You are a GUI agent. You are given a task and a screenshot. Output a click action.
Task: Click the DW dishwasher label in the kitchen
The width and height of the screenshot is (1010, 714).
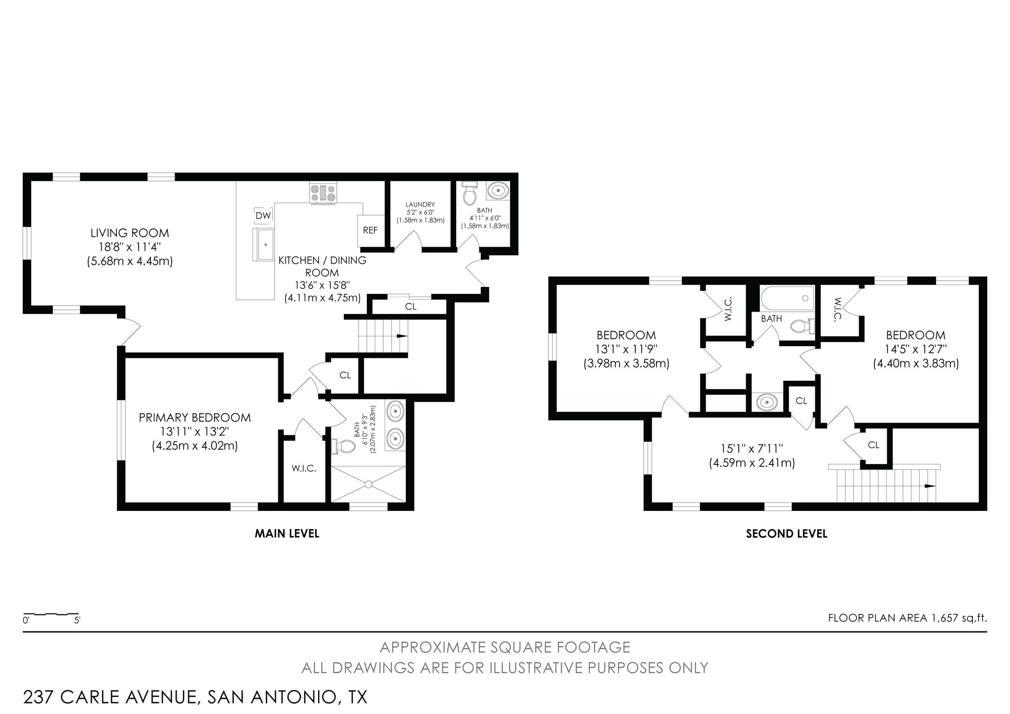click(x=263, y=215)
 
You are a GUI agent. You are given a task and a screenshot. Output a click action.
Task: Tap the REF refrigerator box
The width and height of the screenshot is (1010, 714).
click(x=370, y=230)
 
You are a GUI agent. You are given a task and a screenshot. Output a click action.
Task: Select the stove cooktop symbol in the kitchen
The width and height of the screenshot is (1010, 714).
click(x=323, y=193)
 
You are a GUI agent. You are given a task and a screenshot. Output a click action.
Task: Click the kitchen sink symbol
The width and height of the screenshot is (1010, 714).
click(x=264, y=244)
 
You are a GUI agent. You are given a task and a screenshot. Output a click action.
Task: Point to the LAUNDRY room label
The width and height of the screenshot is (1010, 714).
click(x=420, y=205)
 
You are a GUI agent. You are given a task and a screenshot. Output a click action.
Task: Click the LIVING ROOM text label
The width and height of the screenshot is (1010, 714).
click(x=130, y=233)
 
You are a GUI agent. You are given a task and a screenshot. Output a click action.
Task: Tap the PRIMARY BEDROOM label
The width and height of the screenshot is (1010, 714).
click(x=195, y=418)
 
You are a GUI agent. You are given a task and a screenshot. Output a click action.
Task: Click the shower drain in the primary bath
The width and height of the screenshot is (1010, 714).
click(x=368, y=484)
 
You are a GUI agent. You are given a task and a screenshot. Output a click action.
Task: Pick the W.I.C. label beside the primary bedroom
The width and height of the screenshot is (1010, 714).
click(x=304, y=468)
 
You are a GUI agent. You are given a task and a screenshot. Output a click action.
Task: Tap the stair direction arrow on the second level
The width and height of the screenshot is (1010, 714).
click(x=929, y=486)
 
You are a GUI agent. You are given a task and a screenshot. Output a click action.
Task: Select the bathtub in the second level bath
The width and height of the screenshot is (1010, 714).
click(x=787, y=298)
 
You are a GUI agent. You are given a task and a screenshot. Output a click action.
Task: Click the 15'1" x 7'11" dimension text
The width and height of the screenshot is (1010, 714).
click(x=752, y=449)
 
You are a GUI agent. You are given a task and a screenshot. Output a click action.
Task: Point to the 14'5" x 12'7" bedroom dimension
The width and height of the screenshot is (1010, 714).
click(x=915, y=350)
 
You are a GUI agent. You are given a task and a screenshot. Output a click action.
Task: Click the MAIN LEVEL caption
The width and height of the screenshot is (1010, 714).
click(x=287, y=534)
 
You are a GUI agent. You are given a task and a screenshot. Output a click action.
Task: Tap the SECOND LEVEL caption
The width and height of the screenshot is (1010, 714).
click(x=787, y=534)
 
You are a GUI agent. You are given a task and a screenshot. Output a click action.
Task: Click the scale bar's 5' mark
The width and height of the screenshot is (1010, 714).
click(x=77, y=620)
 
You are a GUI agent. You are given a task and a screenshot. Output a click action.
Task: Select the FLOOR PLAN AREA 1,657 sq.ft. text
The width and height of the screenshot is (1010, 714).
click(x=907, y=618)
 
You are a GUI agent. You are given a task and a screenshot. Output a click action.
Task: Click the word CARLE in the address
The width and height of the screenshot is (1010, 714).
click(x=92, y=697)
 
